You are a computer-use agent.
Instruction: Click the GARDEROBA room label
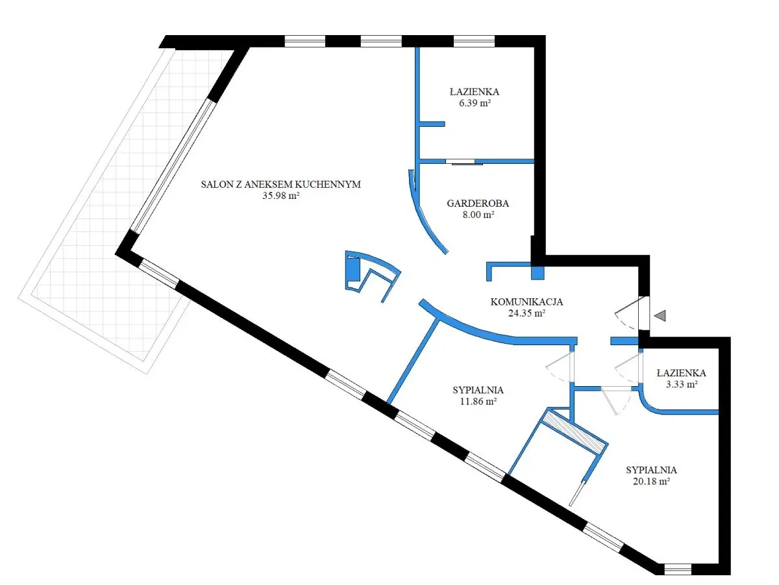[478, 203]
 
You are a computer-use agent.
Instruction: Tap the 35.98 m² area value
[280, 196]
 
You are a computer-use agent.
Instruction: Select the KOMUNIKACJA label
[526, 302]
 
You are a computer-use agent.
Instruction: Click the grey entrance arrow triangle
[660, 315]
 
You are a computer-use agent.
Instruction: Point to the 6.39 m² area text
[475, 103]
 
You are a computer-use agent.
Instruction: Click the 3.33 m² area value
[682, 384]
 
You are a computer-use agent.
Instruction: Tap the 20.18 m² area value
[651, 481]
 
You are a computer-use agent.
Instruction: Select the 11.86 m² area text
[478, 401]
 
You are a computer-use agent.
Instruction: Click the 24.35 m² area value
[526, 313]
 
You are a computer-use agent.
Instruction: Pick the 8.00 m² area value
[478, 214]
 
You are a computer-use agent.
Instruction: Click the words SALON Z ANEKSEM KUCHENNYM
[280, 185]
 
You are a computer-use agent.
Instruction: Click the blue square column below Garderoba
[538, 272]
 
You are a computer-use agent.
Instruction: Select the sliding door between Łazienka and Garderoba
[460, 162]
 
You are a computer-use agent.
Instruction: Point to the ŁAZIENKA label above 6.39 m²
[475, 92]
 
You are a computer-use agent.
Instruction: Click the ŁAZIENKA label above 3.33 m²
[682, 373]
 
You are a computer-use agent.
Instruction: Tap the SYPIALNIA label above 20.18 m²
[651, 470]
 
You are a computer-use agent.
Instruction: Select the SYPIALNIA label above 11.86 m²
[478, 390]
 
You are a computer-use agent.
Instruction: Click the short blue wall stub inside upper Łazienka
[432, 124]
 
